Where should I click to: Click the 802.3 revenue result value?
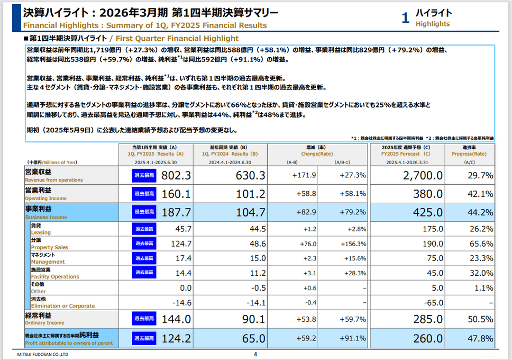pyautogui.click(x=176, y=175)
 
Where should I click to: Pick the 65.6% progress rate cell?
pyautogui.click(x=481, y=244)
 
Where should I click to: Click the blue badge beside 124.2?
pyautogui.click(x=144, y=338)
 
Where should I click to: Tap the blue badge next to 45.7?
pyautogui.click(x=144, y=229)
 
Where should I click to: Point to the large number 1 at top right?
pyautogui.click(x=405, y=19)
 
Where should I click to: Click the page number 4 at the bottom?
pyautogui.click(x=255, y=355)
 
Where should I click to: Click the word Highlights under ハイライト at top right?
pyautogui.click(x=433, y=24)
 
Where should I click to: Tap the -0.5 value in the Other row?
pyautogui.click(x=258, y=288)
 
